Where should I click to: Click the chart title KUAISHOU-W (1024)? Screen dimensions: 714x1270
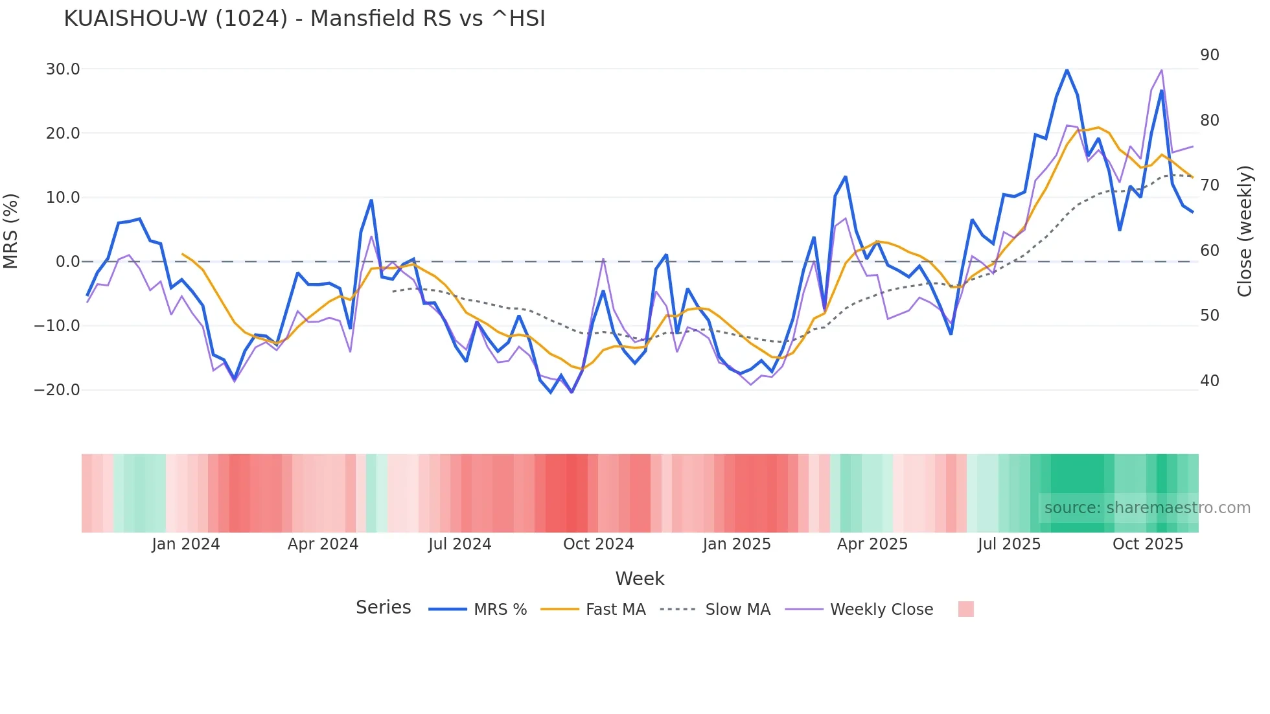pyautogui.click(x=304, y=19)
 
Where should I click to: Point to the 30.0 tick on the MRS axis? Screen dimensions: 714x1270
pyautogui.click(x=63, y=69)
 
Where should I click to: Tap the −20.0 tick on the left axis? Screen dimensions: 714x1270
pyautogui.click(x=57, y=390)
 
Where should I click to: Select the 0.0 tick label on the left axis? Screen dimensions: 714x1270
pyautogui.click(x=67, y=262)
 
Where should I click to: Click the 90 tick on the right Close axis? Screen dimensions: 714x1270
pyautogui.click(x=1209, y=55)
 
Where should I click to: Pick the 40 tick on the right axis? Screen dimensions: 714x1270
pyautogui.click(x=1209, y=381)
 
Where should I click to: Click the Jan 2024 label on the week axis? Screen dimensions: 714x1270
pyautogui.click(x=186, y=544)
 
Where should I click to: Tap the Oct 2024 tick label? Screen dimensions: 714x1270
pyautogui.click(x=598, y=544)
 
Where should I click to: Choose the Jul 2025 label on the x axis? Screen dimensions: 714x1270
pyautogui.click(x=1009, y=544)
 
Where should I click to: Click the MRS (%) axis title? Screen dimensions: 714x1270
pyautogui.click(x=11, y=231)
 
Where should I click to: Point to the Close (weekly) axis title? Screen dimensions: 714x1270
pyautogui.click(x=1245, y=231)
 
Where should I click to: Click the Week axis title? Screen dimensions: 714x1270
pyautogui.click(x=640, y=579)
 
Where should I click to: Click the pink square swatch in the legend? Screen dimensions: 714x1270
pyautogui.click(x=965, y=609)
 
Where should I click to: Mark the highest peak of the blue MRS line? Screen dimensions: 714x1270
pyautogui.click(x=1067, y=70)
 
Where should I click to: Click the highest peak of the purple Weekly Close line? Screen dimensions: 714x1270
pyautogui.click(x=1162, y=70)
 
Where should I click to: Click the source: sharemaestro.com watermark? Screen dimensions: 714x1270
pyautogui.click(x=1147, y=508)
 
